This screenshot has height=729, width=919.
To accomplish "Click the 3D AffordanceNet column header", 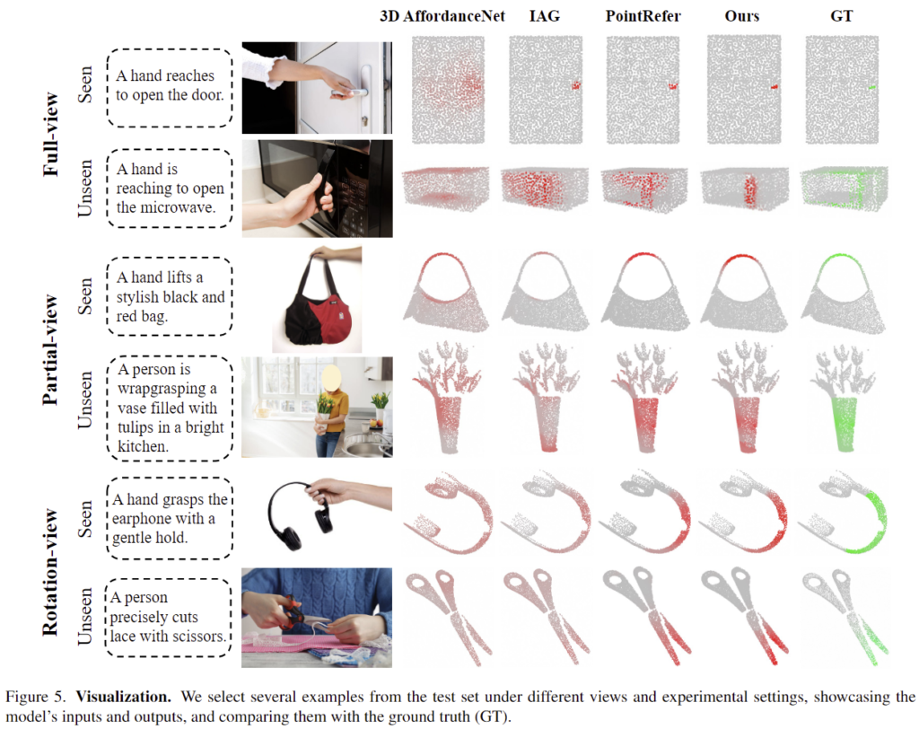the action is (442, 16).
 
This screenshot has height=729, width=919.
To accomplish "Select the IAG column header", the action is (545, 16).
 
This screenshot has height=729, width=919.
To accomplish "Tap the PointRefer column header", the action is (643, 16).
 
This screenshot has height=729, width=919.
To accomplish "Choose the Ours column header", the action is (741, 16).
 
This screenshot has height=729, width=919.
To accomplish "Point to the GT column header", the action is (842, 16).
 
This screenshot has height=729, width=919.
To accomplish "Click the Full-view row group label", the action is (51, 135).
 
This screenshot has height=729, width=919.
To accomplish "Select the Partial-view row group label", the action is (51, 349).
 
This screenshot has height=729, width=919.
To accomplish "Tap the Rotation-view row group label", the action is (51, 572).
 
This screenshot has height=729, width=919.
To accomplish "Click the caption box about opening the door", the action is (170, 87).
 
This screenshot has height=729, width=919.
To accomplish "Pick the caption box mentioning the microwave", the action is (170, 189).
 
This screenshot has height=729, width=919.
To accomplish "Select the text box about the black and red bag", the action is (170, 296).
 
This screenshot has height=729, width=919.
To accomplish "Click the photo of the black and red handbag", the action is (317, 299).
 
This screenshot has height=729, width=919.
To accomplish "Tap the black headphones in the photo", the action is (299, 516).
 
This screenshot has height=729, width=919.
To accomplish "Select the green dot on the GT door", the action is (871, 87).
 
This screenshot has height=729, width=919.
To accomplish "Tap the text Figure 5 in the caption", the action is (36, 697).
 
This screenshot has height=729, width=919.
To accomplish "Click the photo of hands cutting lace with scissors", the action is (317, 618).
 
